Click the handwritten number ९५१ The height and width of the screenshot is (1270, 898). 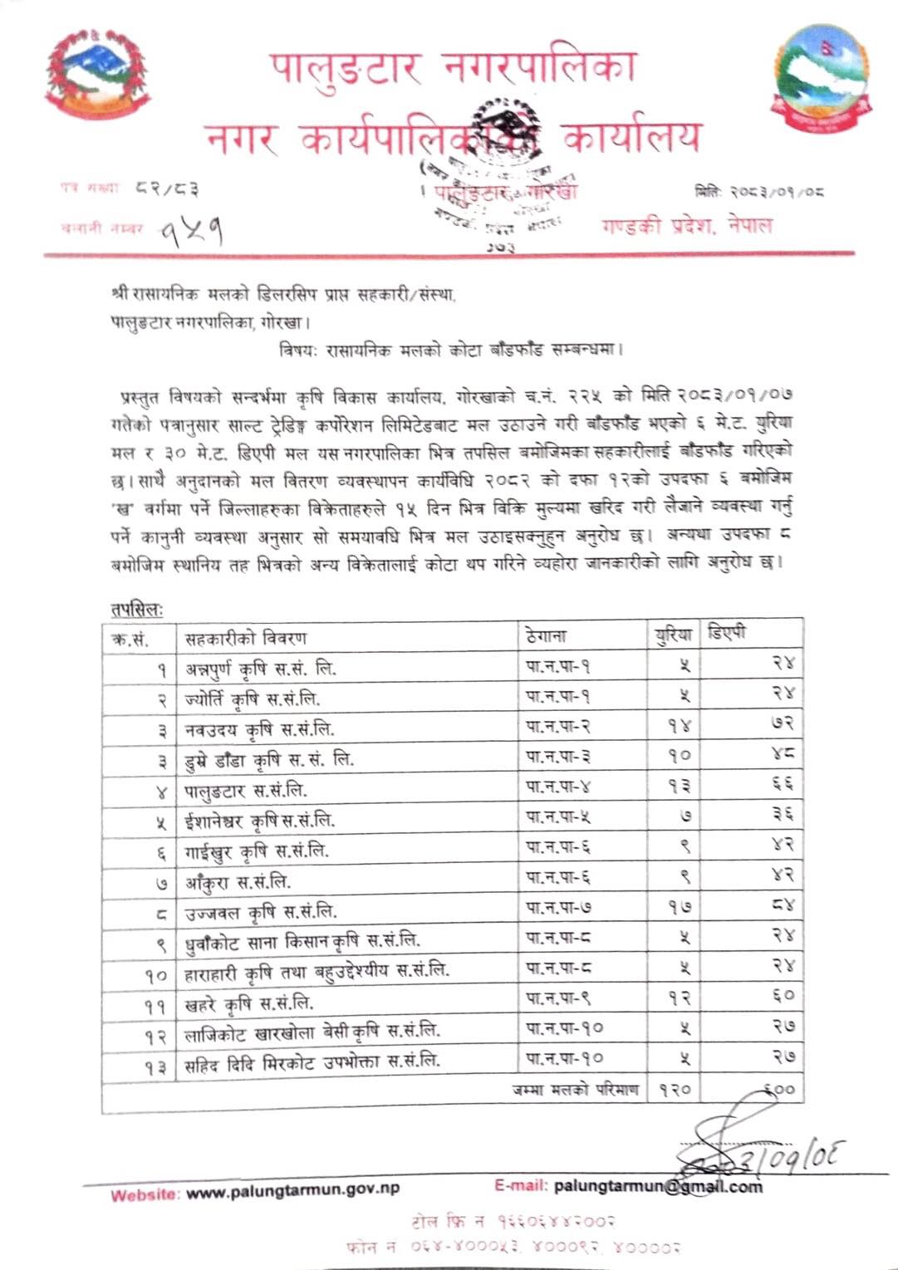pos(192,229)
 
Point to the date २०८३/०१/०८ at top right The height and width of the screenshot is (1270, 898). pos(760,192)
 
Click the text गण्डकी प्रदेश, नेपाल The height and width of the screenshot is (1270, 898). pos(686,226)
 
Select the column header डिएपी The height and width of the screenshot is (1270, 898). pos(727,633)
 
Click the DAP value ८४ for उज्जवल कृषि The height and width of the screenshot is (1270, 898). pos(782,906)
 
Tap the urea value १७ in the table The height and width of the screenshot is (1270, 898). pos(680,908)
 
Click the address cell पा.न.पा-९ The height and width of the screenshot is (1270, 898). pos(558,998)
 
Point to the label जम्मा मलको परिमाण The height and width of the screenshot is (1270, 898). pos(576,1089)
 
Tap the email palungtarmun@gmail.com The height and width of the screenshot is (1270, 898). pos(656,1186)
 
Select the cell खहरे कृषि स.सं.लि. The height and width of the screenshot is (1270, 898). pos(249,1003)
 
